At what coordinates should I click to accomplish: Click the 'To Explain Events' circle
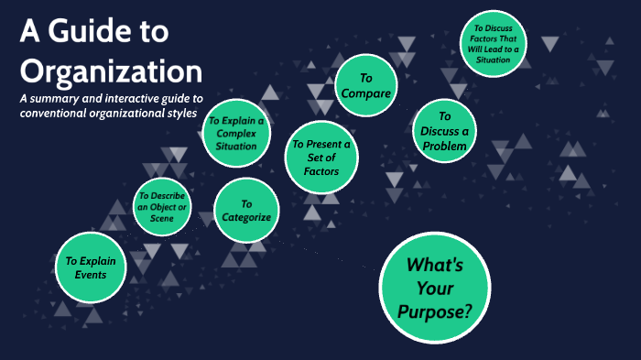point(85,267)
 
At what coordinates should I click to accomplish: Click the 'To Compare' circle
point(366,86)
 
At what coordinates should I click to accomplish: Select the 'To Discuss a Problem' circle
point(445,131)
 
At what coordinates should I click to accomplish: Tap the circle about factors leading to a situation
point(495,44)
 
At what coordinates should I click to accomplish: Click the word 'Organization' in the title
point(111,71)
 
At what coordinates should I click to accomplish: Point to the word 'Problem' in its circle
point(445,146)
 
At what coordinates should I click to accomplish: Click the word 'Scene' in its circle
point(161,219)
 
